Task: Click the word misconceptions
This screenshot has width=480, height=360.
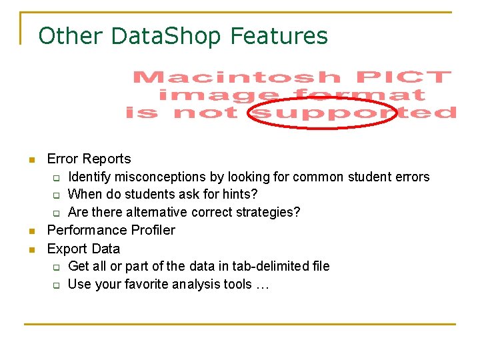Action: (x=158, y=177)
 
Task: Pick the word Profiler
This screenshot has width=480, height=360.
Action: (x=150, y=230)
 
